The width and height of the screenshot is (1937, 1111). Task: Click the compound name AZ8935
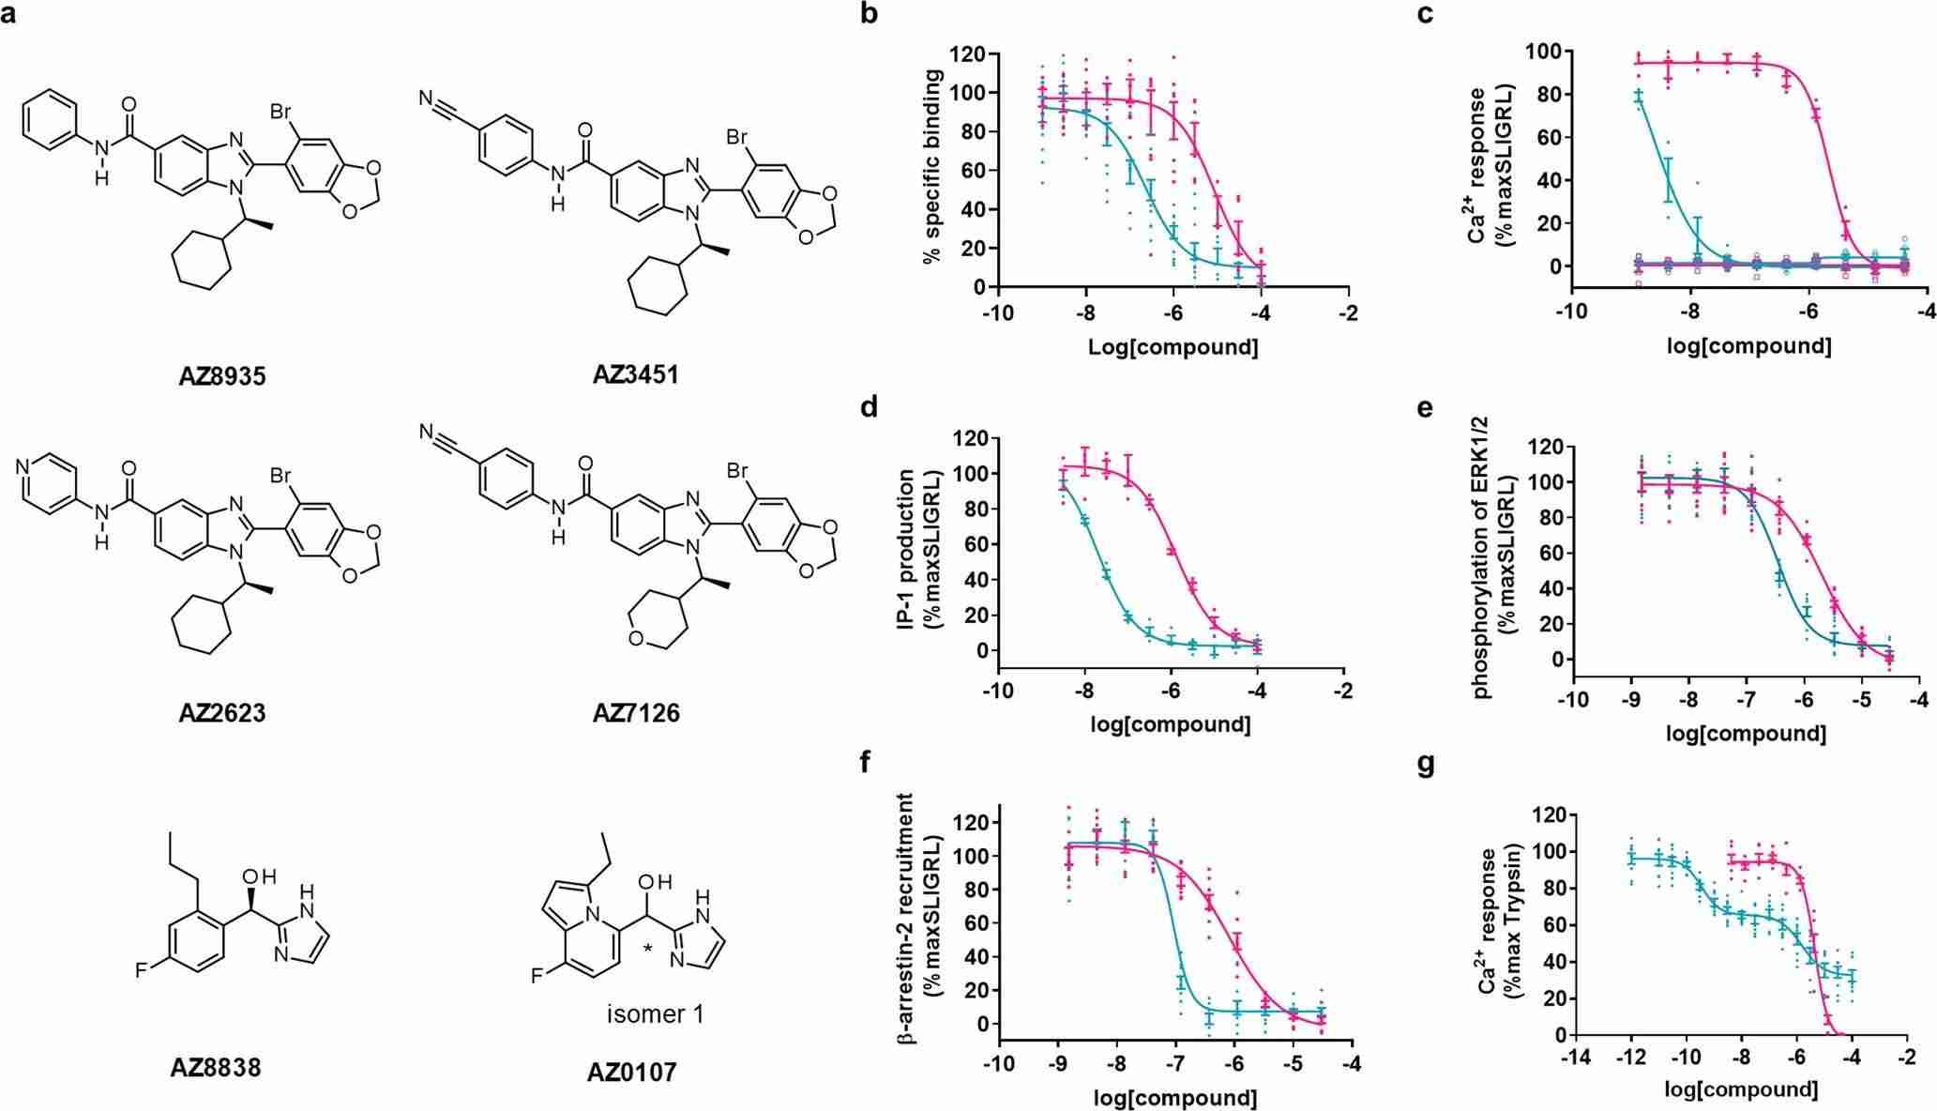coord(222,376)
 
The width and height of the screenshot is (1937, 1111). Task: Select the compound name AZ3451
coord(636,374)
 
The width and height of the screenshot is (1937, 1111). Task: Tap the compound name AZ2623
coord(222,713)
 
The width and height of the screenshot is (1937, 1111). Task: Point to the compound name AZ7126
coord(636,713)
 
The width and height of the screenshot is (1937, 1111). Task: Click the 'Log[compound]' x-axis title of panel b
coord(1173,346)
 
